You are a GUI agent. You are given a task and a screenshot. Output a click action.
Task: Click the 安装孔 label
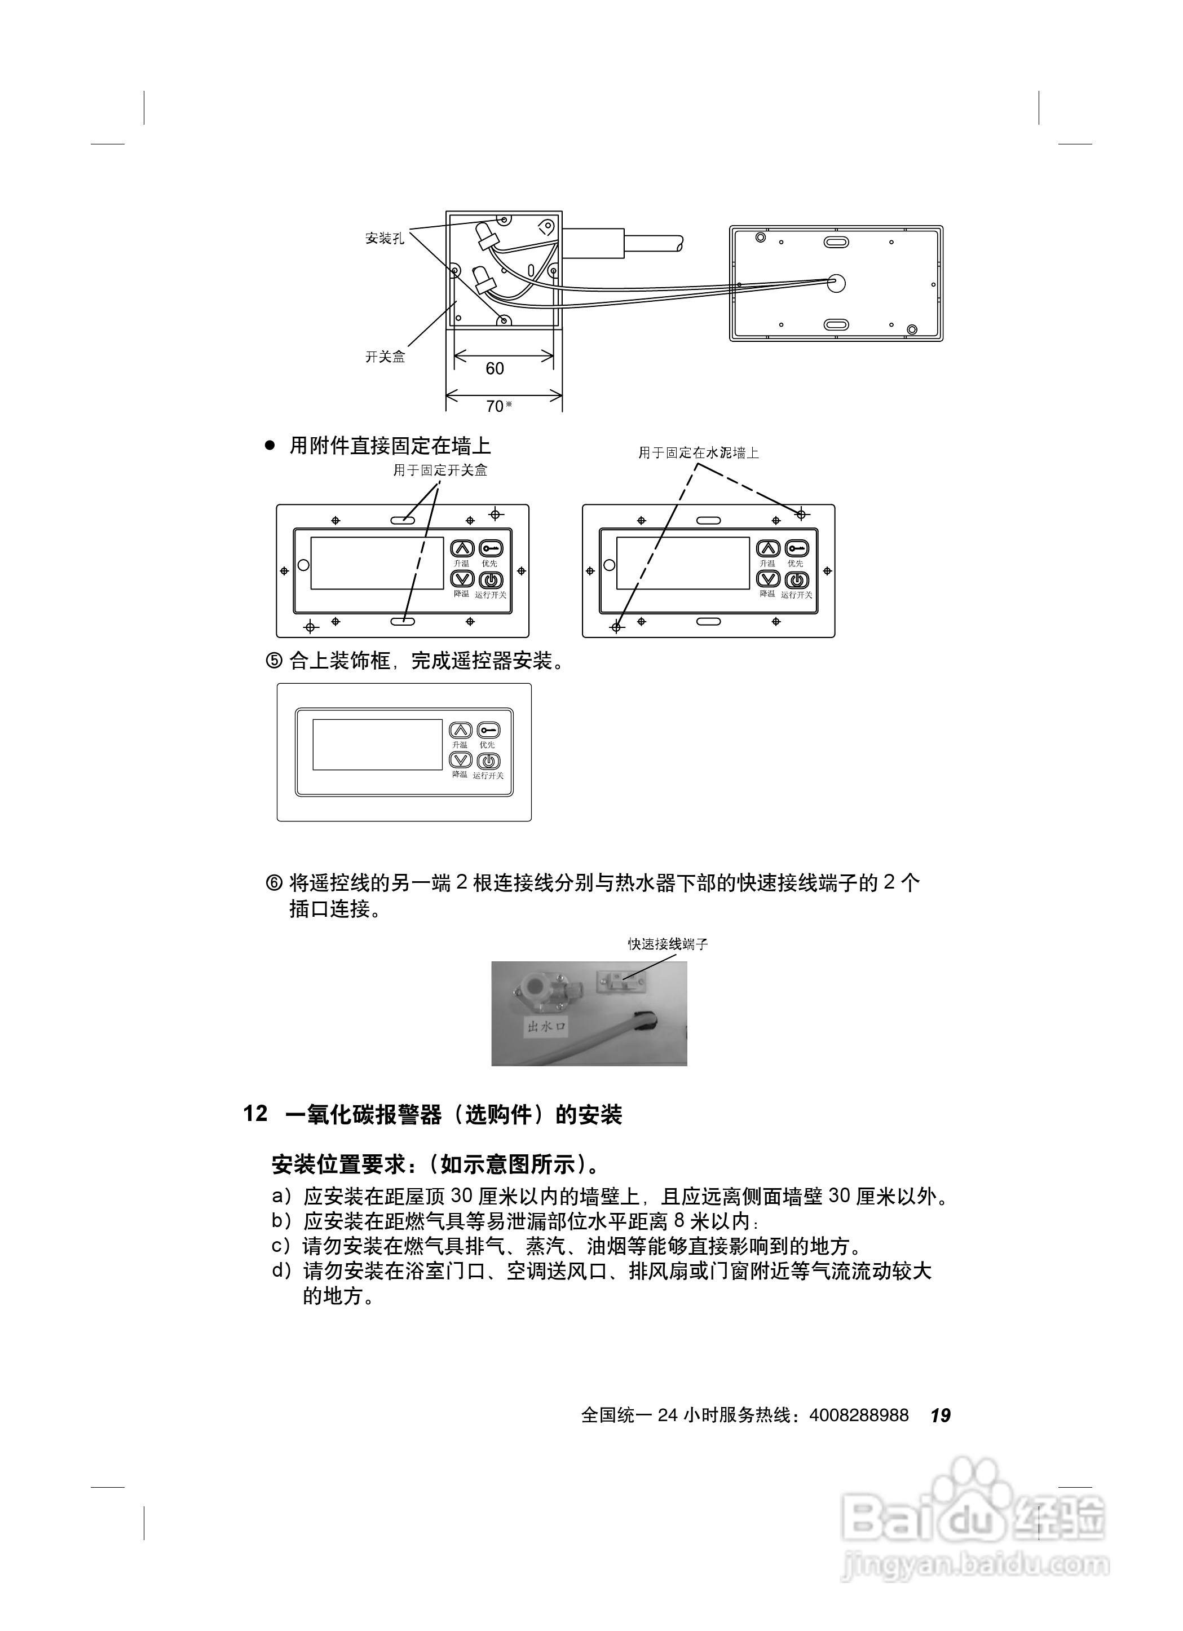pyautogui.click(x=385, y=239)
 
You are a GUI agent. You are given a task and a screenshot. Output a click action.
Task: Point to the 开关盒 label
pyautogui.click(x=385, y=357)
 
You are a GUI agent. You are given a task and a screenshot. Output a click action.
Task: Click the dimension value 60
pyautogui.click(x=495, y=369)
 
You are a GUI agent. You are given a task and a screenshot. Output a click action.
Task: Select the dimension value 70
pyautogui.click(x=495, y=406)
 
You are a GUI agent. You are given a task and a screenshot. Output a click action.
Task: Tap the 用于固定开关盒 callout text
pyautogui.click(x=440, y=471)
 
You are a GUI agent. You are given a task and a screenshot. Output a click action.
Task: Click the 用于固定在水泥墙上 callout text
pyautogui.click(x=699, y=453)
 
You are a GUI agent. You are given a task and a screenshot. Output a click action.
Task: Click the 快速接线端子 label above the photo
pyautogui.click(x=668, y=944)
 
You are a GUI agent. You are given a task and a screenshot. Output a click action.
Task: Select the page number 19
pyautogui.click(x=940, y=1415)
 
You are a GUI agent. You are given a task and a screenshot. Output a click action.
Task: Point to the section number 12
pyautogui.click(x=255, y=1114)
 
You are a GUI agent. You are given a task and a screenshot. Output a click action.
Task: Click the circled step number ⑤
pyautogui.click(x=274, y=661)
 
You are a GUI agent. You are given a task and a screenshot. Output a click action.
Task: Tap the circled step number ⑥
pyautogui.click(x=274, y=882)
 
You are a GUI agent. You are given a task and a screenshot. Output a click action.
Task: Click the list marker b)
pyautogui.click(x=282, y=1220)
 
